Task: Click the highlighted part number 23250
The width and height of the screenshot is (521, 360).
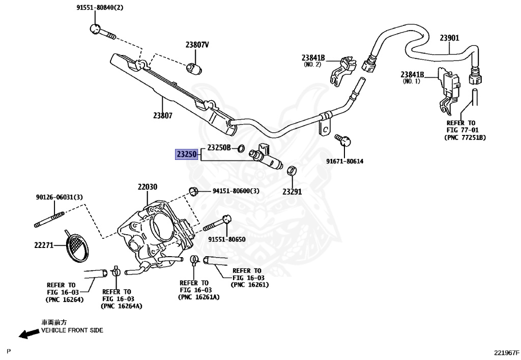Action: coord(186,154)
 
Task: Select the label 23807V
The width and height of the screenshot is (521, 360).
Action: coord(197,44)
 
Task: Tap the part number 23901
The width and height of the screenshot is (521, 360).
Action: coord(449,38)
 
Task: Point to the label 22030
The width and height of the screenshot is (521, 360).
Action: coord(148,187)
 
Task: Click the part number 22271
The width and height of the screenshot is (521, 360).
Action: coord(44,245)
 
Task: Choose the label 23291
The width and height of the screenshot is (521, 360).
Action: coord(292,192)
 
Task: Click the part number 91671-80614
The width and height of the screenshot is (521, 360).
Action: coord(344,161)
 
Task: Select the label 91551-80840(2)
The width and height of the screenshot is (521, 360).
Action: coord(100,7)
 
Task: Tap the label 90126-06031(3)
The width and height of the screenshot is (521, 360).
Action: coord(59,197)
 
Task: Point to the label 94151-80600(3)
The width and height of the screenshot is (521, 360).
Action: coord(236,191)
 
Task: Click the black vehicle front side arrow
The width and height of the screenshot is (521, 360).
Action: coord(28,334)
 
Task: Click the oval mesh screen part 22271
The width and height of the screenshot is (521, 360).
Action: coord(77,246)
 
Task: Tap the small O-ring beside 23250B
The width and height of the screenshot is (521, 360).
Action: coord(242,148)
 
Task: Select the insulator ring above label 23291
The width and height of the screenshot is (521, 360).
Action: coord(292,171)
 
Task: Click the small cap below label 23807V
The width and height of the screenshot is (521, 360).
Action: coord(194,69)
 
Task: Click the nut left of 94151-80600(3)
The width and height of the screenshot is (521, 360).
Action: coord(193,191)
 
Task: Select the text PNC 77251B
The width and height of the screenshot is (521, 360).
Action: coord(465,137)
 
